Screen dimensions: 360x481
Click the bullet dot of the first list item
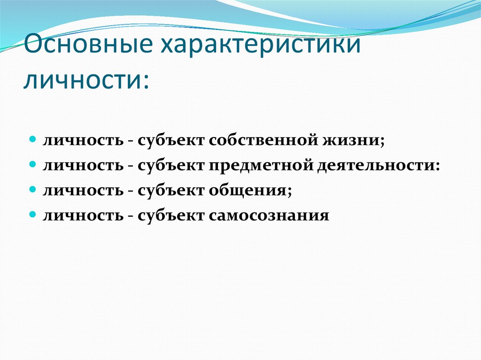[33, 140]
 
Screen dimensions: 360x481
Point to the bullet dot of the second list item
[33, 165]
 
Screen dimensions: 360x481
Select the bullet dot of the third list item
[33, 190]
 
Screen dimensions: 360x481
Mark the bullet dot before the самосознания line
[33, 214]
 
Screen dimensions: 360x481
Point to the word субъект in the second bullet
[171, 166]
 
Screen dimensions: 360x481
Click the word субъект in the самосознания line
[171, 215]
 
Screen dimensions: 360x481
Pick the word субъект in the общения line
[171, 191]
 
